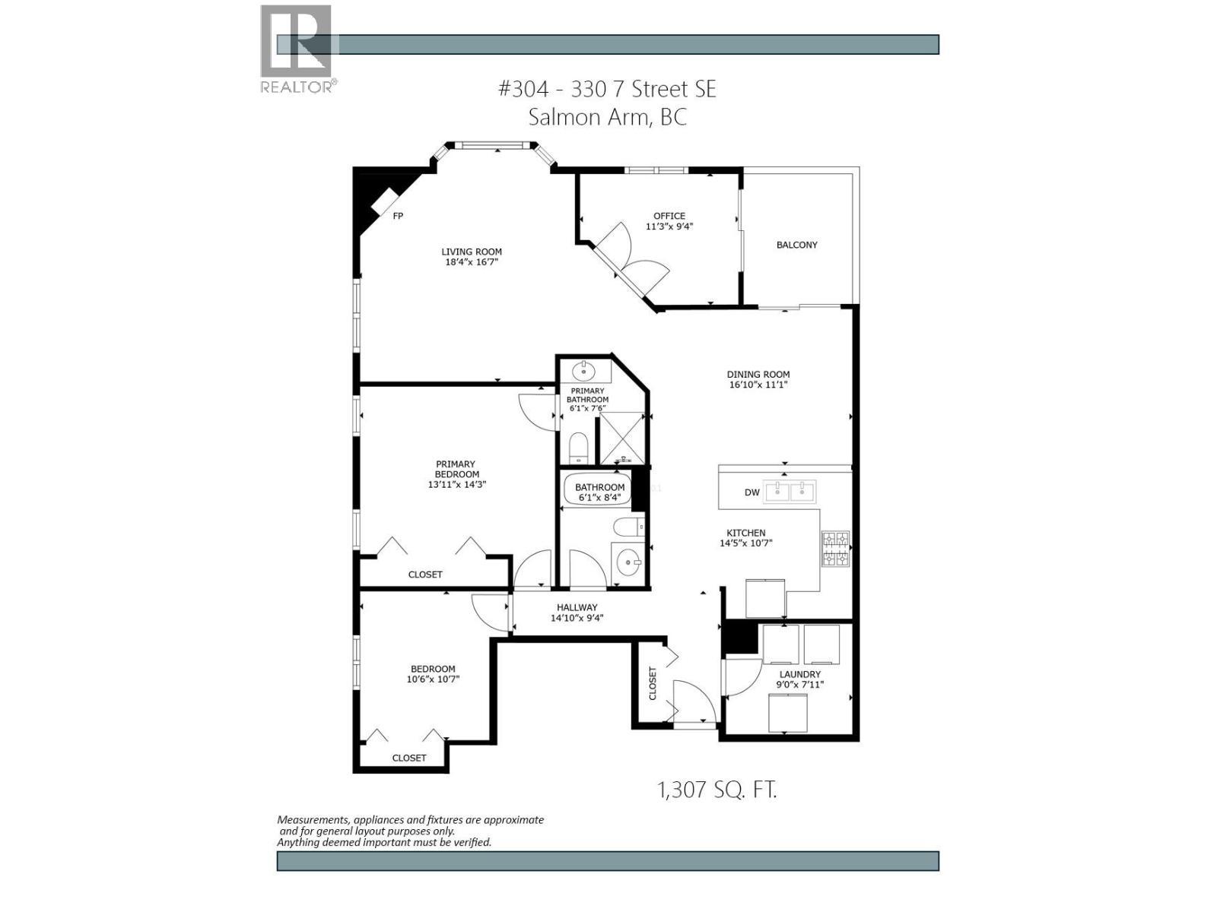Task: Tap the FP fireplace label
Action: (x=397, y=216)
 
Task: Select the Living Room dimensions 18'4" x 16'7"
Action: (x=472, y=262)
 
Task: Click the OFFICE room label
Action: (x=669, y=216)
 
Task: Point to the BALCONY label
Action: (x=796, y=245)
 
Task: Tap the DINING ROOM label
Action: (x=758, y=374)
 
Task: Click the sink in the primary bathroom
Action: (x=584, y=372)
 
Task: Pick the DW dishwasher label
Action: (x=751, y=492)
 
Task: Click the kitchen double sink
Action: (x=790, y=492)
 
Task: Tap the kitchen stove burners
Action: (x=835, y=549)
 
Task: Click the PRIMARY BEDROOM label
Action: (x=456, y=469)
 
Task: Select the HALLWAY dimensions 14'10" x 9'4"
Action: (x=577, y=618)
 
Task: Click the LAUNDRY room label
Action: (x=799, y=674)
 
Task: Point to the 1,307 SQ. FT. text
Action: (x=717, y=790)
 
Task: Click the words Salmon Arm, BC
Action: (x=607, y=117)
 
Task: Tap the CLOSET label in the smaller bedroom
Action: (x=408, y=758)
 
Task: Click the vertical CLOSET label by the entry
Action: (x=653, y=683)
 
